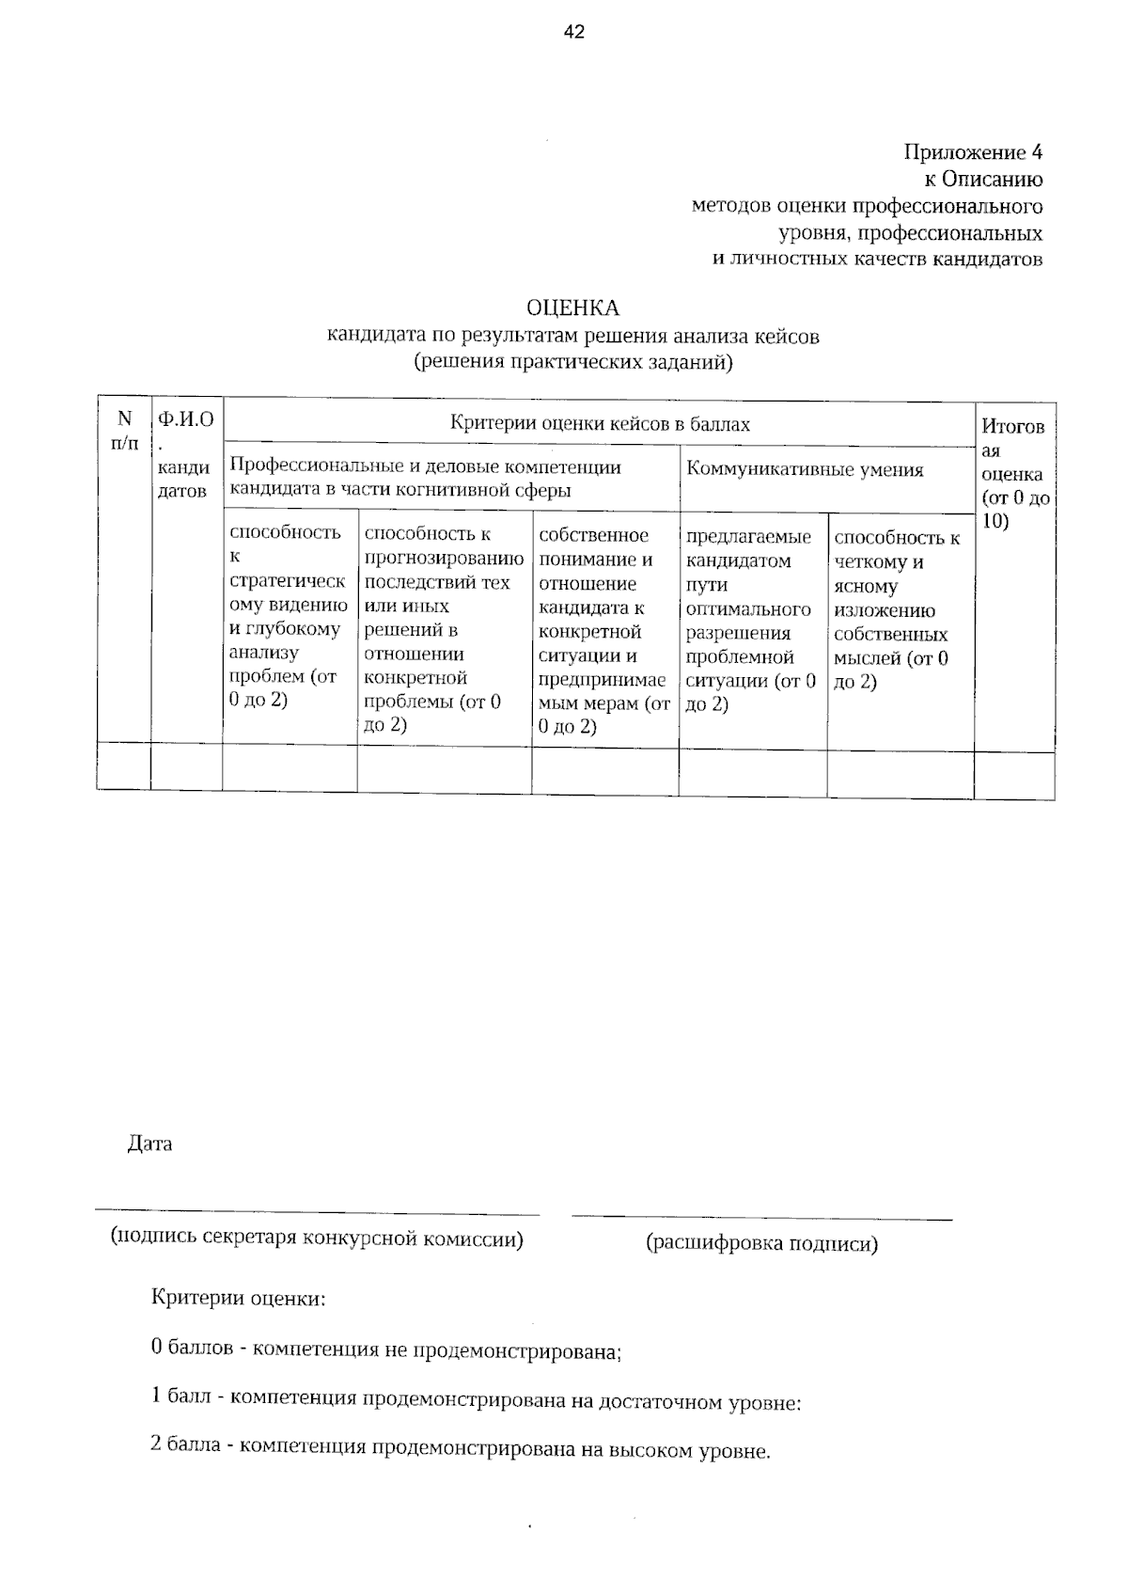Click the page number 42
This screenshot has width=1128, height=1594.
(574, 33)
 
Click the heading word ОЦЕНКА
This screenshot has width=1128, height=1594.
(572, 308)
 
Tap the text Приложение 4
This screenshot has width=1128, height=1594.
(973, 152)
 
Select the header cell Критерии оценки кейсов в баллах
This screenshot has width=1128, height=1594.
(600, 424)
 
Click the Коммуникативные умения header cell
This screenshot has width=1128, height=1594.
(805, 469)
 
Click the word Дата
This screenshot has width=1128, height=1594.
(149, 1144)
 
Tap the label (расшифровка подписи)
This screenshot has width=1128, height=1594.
(761, 1243)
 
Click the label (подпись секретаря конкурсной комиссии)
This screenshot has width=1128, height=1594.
(317, 1238)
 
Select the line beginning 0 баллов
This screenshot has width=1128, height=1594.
(386, 1350)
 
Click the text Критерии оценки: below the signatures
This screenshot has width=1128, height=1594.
(239, 1299)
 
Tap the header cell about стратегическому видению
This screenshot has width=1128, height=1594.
(289, 616)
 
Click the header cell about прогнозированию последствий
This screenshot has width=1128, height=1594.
(444, 628)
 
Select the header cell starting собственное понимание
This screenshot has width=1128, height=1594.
(604, 630)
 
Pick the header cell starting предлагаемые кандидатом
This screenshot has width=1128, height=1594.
(752, 621)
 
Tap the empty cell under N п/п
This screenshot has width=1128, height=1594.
(123, 766)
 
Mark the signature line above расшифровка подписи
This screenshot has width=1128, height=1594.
(761, 1219)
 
